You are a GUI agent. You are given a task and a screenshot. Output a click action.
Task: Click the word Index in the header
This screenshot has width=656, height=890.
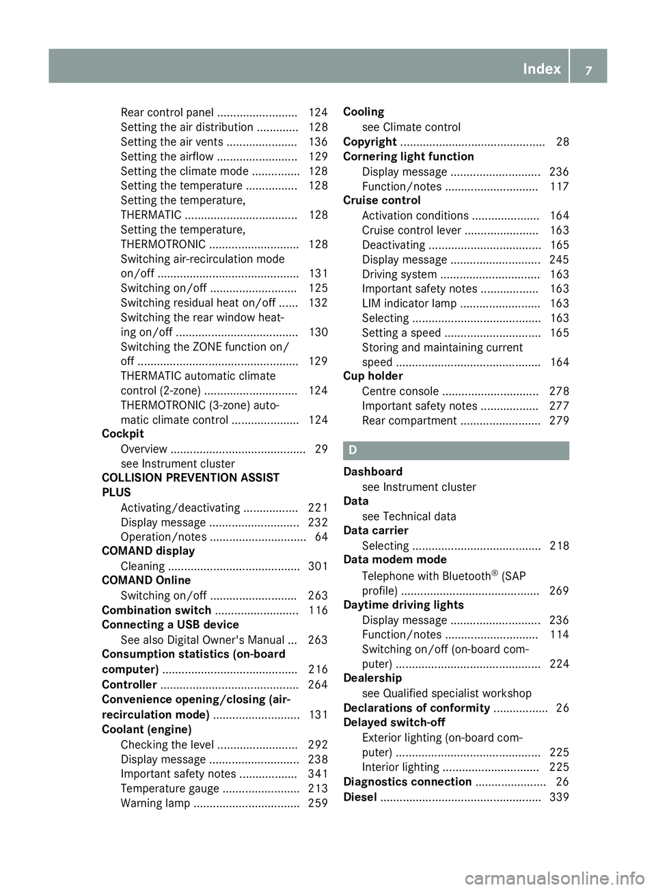coord(541,68)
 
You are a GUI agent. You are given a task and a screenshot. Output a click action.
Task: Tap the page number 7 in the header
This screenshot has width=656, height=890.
coord(588,69)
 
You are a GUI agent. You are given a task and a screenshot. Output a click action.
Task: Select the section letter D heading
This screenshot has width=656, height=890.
coord(353,450)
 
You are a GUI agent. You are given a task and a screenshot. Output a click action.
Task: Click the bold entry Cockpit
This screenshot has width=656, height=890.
coord(123,434)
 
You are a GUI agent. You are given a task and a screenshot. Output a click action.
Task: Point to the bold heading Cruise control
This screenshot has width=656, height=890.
coord(382,200)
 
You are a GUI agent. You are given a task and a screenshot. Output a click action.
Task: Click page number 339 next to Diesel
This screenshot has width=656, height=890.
coord(559,797)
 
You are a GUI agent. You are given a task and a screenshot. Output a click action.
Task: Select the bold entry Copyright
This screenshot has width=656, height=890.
coord(370,141)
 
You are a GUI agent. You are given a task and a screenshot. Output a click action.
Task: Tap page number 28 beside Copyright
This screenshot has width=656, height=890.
coord(562,141)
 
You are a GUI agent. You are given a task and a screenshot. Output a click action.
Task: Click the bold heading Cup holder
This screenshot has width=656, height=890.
coord(373,376)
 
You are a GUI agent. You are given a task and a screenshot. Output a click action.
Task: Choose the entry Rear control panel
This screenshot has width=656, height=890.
coord(167,112)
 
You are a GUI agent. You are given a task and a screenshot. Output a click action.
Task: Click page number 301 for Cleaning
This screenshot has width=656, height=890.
coord(318,566)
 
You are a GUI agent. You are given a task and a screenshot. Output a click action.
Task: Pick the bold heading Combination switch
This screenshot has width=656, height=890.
coord(156,610)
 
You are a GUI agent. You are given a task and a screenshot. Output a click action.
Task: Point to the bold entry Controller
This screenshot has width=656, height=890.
coord(129,684)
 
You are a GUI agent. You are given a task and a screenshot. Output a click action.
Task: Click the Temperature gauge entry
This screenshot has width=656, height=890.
coord(169,788)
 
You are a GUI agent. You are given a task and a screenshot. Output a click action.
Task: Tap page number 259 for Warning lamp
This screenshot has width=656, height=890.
coord(318,803)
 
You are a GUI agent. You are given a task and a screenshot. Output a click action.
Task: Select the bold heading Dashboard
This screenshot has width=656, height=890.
coord(373,472)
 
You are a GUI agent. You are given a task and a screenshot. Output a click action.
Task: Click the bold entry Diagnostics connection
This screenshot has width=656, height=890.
coord(407,781)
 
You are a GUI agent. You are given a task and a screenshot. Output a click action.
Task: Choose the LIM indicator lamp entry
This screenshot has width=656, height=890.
coord(409,304)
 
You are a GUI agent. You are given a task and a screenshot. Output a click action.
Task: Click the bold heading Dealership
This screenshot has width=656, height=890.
coord(372,678)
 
